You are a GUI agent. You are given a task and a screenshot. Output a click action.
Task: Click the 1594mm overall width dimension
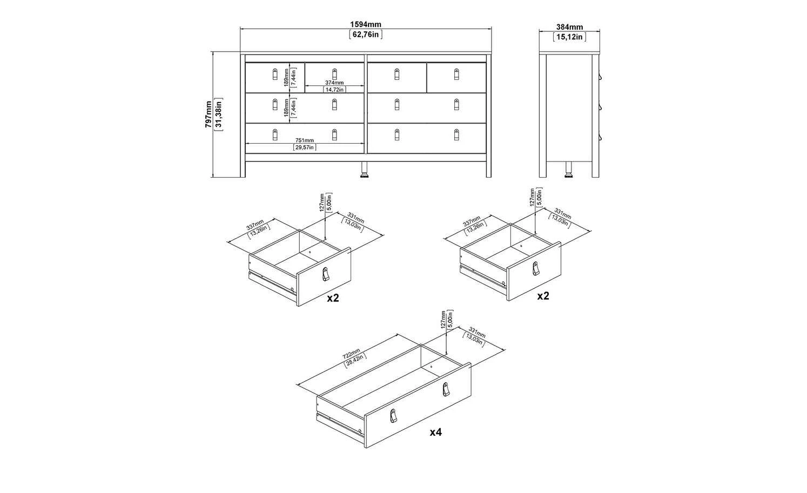(x=366, y=24)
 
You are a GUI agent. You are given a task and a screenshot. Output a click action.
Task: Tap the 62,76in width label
(x=366, y=35)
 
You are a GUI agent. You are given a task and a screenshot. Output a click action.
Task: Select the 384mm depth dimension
(x=569, y=27)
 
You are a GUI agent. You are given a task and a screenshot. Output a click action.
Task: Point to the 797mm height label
(x=209, y=114)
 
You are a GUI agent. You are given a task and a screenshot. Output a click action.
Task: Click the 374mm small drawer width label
(x=334, y=83)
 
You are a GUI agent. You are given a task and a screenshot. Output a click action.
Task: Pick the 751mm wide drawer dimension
(x=305, y=140)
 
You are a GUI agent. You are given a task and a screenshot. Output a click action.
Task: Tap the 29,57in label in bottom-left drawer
(x=305, y=147)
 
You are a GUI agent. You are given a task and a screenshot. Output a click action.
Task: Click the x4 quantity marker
(x=435, y=432)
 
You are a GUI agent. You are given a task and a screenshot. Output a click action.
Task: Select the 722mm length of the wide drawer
(x=351, y=354)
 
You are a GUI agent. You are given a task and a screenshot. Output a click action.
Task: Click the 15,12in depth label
(x=569, y=37)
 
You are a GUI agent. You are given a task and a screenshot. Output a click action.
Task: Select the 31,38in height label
(x=219, y=114)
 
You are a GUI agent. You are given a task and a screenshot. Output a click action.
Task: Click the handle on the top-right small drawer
(x=456, y=75)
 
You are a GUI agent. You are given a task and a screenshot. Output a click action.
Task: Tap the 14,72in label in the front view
(x=334, y=90)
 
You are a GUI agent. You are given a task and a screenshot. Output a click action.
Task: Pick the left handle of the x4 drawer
(x=393, y=416)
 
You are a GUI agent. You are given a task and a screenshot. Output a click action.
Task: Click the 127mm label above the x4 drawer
(x=443, y=320)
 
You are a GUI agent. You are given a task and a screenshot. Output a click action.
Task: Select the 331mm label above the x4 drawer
(x=476, y=333)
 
